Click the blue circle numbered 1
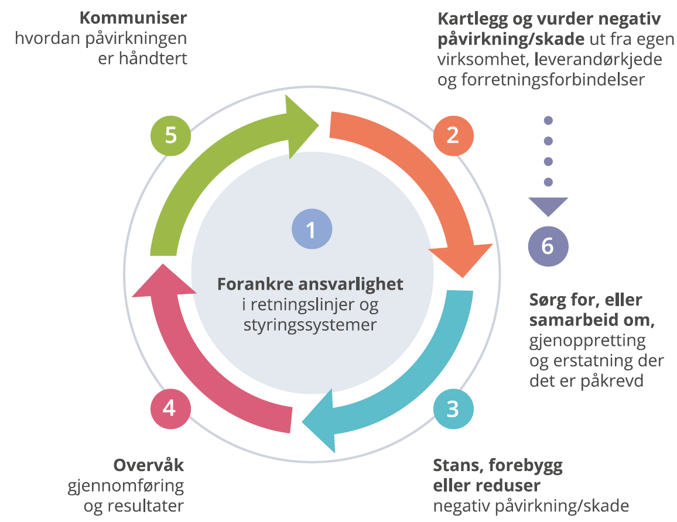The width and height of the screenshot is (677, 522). (x=312, y=229)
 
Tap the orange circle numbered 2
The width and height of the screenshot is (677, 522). (x=453, y=135)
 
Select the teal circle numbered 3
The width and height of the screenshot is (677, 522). (x=453, y=408)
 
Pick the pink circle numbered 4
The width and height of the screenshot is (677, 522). (x=170, y=408)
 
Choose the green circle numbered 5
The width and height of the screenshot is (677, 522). (x=170, y=135)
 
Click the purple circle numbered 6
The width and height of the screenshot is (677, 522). (x=548, y=246)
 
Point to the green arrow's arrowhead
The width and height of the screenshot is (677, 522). (x=302, y=126)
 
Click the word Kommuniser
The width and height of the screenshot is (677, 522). (x=134, y=18)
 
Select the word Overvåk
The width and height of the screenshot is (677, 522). (x=149, y=465)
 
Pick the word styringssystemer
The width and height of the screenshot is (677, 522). (x=310, y=325)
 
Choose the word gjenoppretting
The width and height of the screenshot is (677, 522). (x=587, y=341)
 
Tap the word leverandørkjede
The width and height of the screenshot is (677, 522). (x=599, y=60)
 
